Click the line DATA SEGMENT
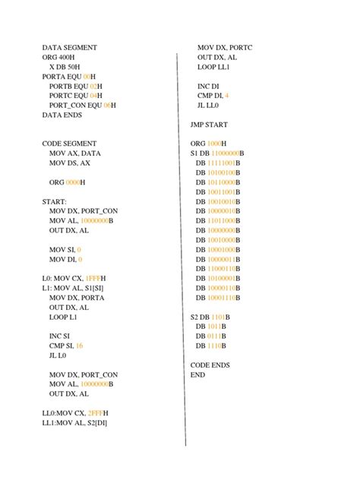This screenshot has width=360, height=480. click(x=69, y=47)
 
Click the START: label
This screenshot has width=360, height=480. click(x=55, y=201)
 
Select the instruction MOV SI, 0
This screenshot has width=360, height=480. click(x=65, y=249)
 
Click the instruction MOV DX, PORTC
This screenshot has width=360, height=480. click(x=225, y=47)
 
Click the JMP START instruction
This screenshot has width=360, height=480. click(x=209, y=124)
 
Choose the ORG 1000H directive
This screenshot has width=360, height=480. click(x=208, y=143)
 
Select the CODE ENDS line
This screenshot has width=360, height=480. click(x=210, y=365)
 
